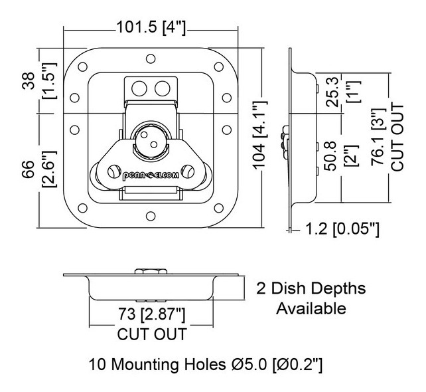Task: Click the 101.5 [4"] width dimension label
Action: pos(151,27)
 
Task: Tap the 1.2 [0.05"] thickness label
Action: pos(342,230)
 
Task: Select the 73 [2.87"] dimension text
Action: pos(151,313)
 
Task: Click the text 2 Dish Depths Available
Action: pos(311,298)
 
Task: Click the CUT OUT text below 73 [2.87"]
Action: pos(151,333)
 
